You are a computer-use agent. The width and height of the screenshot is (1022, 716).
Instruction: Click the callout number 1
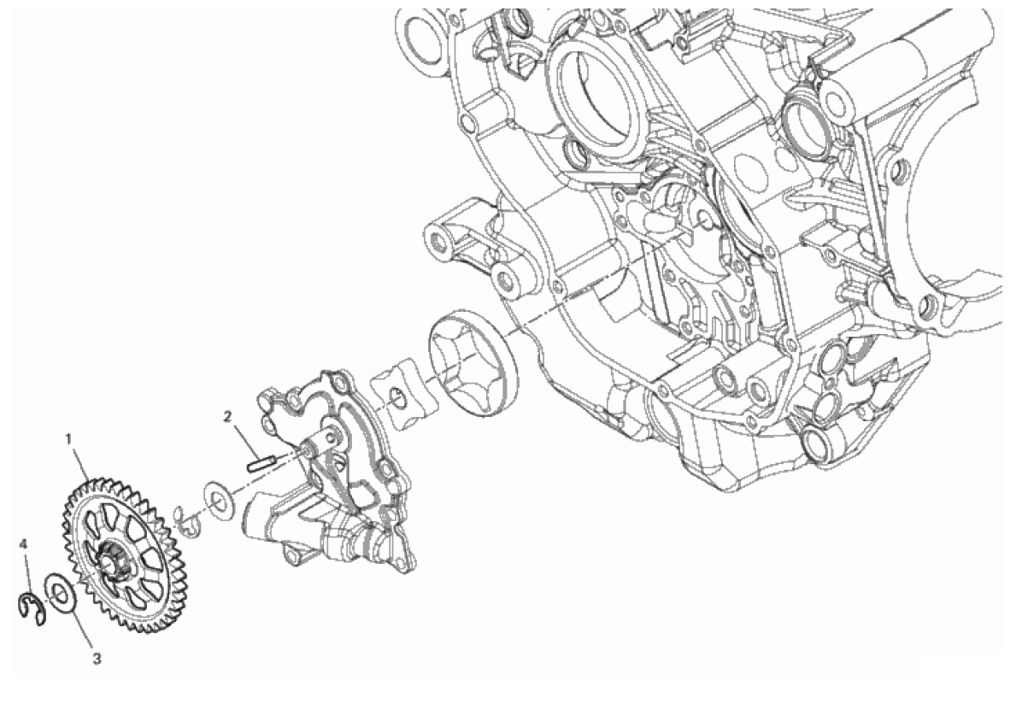(68, 438)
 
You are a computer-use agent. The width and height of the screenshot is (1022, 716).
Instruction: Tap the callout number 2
(227, 416)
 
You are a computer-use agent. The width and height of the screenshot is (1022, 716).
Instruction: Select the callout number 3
(97, 660)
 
